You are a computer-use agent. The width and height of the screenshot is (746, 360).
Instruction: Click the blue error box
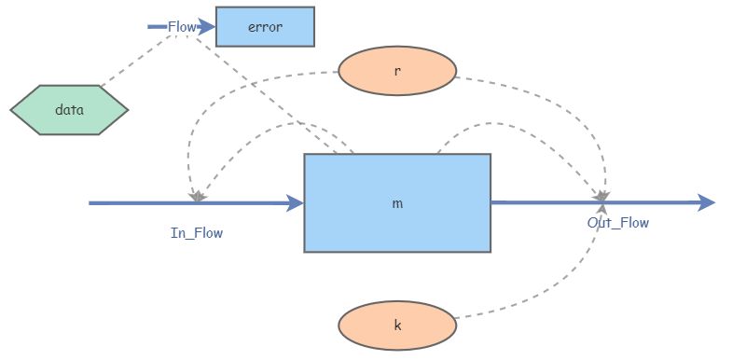point(265,27)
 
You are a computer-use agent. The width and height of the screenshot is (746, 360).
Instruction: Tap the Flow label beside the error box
point(181,27)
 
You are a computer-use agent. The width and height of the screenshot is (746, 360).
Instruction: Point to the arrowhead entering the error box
point(208,27)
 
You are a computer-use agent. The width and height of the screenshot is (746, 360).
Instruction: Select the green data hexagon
point(69,109)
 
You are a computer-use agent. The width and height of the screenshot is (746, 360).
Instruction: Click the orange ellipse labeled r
point(396,71)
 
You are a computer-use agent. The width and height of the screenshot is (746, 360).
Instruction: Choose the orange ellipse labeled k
point(396,325)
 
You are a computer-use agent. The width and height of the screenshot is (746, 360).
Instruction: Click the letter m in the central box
point(397,202)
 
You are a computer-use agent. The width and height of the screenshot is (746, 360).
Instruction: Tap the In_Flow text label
point(197,233)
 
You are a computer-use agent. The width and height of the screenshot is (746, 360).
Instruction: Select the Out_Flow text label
point(617,223)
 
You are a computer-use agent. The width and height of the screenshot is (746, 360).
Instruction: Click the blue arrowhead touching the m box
point(296,202)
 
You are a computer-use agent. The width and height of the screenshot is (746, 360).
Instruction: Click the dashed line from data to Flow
point(131,58)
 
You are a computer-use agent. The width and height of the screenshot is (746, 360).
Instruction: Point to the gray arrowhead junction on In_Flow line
point(196,198)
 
